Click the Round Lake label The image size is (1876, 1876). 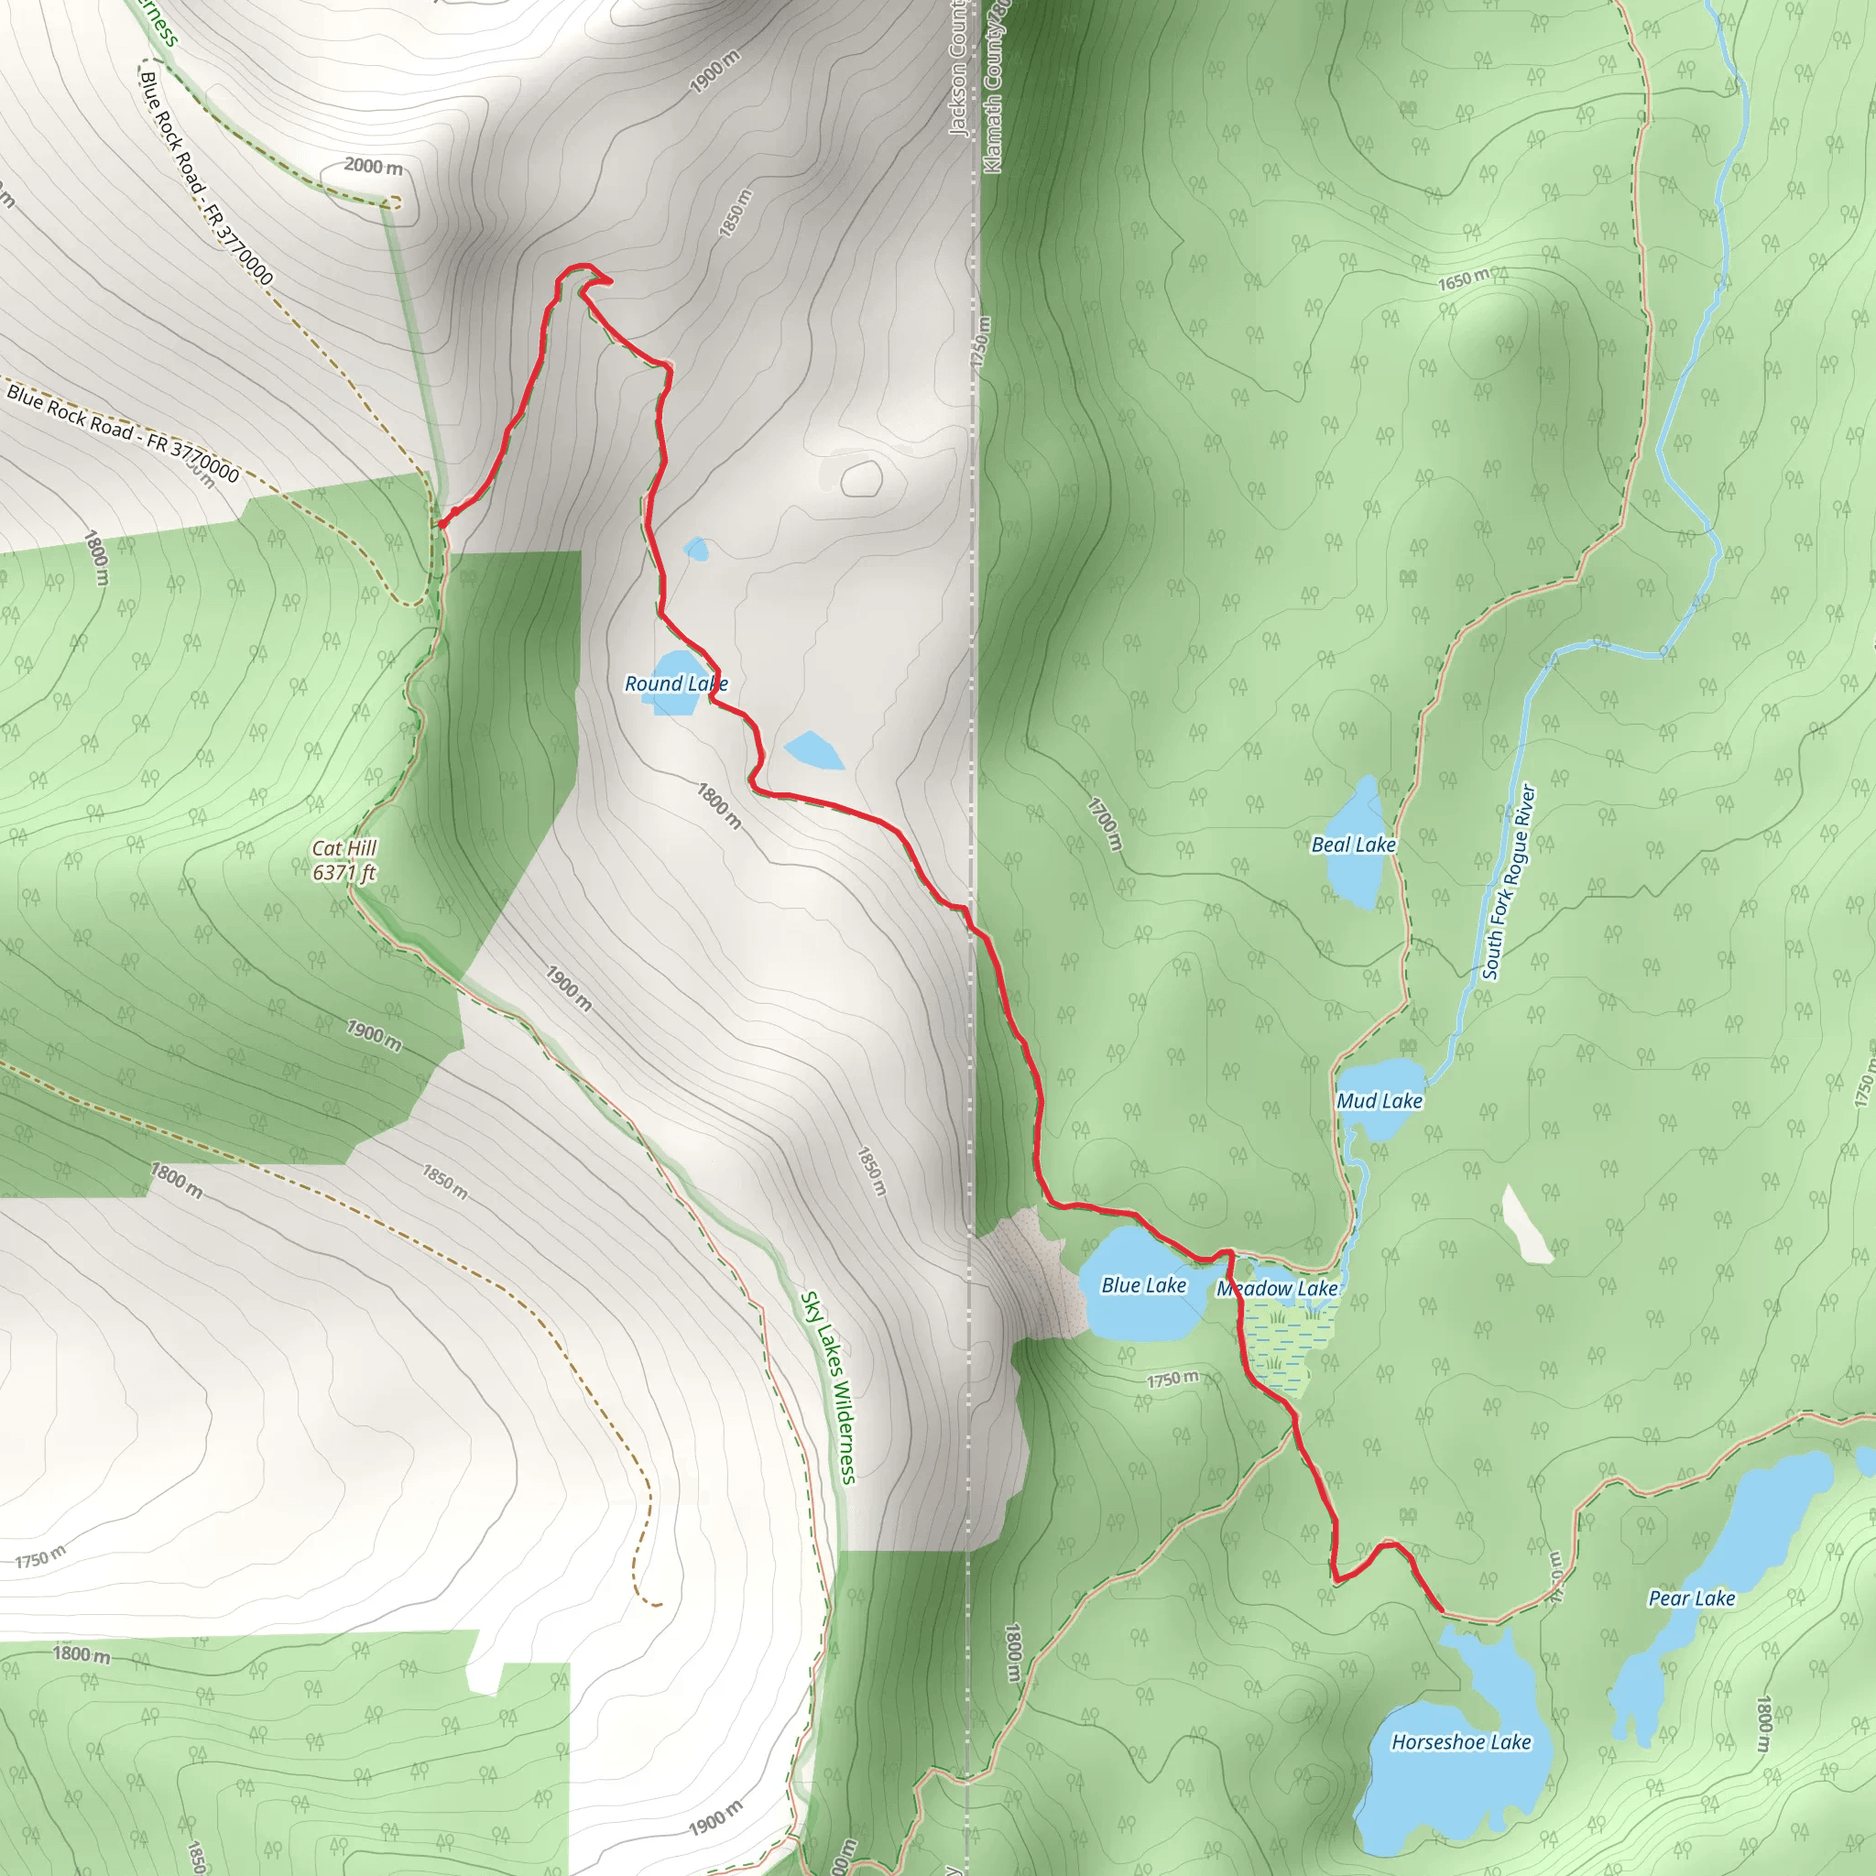[x=676, y=683]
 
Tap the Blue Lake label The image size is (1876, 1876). [x=1143, y=1285]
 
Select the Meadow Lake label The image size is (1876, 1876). [x=1277, y=1289]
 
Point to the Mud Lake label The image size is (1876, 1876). [x=1379, y=1101]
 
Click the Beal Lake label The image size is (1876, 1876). [x=1354, y=845]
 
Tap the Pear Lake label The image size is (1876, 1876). [x=1692, y=1598]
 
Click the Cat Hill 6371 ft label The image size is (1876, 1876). [x=344, y=860]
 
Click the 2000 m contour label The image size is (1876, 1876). [x=373, y=167]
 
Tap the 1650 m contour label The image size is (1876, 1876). [x=1463, y=279]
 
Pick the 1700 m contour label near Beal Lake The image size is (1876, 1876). [x=1105, y=823]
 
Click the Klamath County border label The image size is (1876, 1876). [x=997, y=87]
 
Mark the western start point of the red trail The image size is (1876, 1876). [x=442, y=524]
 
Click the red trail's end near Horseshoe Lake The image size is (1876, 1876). [x=1442, y=1610]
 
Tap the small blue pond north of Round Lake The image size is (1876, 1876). [x=696, y=550]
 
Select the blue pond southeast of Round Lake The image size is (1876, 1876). [x=813, y=750]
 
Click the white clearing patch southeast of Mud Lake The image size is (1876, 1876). [x=1525, y=1226]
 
